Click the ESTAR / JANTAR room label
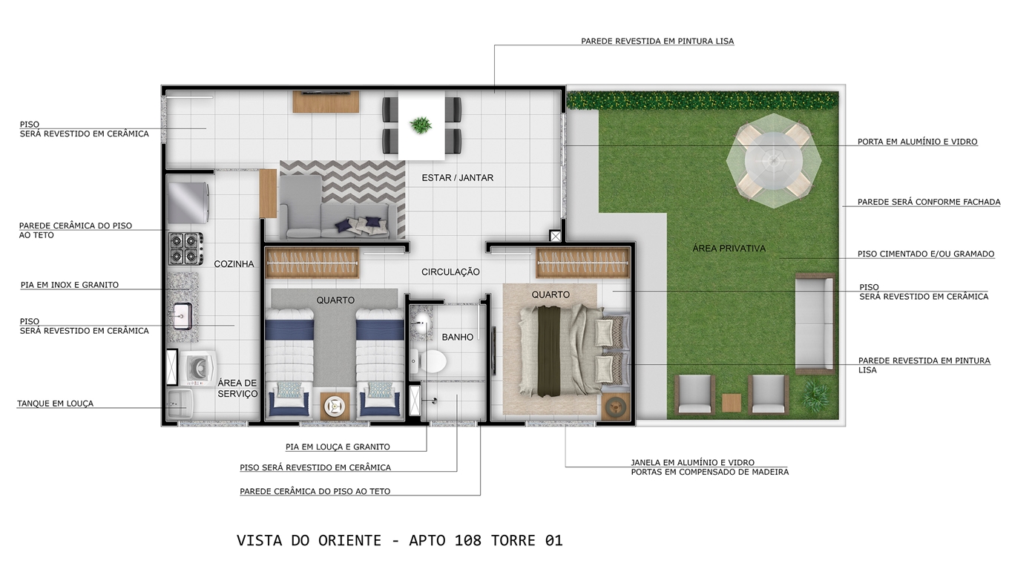(457, 178)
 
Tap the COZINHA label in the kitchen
(234, 263)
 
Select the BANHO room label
(458, 337)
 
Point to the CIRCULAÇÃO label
(450, 272)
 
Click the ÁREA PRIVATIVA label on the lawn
(729, 249)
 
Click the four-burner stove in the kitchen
(185, 249)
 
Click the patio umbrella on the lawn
(773, 160)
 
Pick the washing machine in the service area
(198, 368)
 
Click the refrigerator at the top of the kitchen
(188, 202)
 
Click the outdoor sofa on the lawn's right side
(815, 323)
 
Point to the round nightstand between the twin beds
(335, 406)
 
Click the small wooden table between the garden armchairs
(731, 402)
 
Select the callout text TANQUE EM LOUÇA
(55, 404)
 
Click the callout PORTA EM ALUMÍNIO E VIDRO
(918, 142)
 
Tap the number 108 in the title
(468, 541)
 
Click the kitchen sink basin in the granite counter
(183, 316)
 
